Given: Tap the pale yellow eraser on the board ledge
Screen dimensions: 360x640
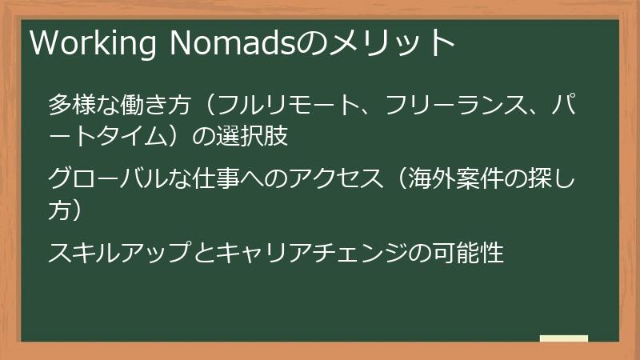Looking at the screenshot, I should pyautogui.click(x=564, y=338).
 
